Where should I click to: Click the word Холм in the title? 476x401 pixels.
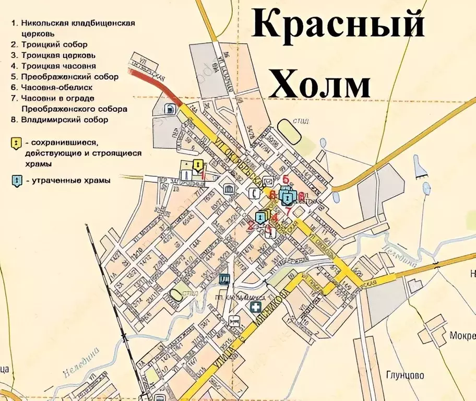(320, 84)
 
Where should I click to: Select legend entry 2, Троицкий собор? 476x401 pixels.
(54, 45)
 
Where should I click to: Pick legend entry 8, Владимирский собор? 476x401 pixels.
(64, 120)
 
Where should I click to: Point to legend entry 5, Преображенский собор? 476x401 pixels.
(69, 77)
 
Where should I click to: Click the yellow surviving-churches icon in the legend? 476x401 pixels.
(17, 143)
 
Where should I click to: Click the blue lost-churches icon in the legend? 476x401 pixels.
(17, 181)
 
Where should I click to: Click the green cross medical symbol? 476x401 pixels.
(256, 307)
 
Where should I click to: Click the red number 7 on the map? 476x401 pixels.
(287, 211)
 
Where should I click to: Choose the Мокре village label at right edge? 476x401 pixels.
(462, 335)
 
